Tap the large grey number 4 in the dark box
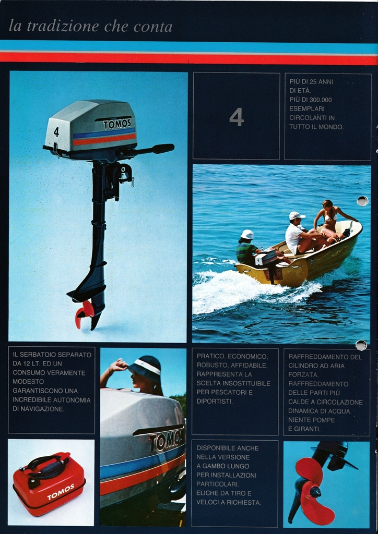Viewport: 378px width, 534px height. pos(236,117)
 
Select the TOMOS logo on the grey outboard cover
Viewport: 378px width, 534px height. pos(117,124)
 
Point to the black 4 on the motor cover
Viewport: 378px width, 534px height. pos(56,132)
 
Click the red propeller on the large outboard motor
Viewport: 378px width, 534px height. pos(84,312)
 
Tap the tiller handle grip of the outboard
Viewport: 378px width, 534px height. pos(163,149)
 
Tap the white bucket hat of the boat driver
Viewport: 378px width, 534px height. pos(247,234)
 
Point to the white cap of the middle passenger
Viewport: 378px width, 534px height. pos(296,215)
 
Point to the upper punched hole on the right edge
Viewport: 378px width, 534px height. pos(362,201)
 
